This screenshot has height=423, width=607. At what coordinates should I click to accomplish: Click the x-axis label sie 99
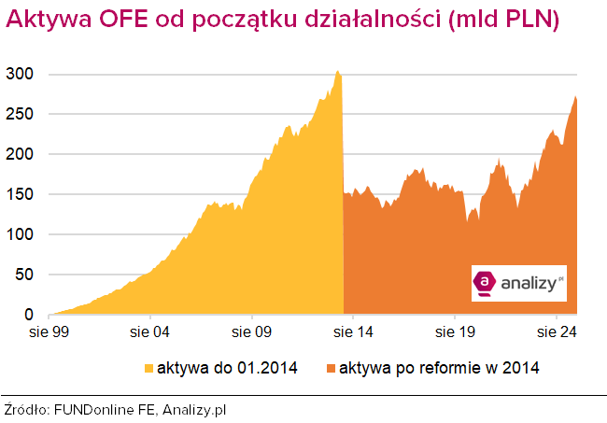click(49, 331)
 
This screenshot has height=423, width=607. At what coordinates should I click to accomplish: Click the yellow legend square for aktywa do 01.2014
click(148, 367)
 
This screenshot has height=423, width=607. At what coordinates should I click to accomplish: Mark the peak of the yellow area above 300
click(338, 72)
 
